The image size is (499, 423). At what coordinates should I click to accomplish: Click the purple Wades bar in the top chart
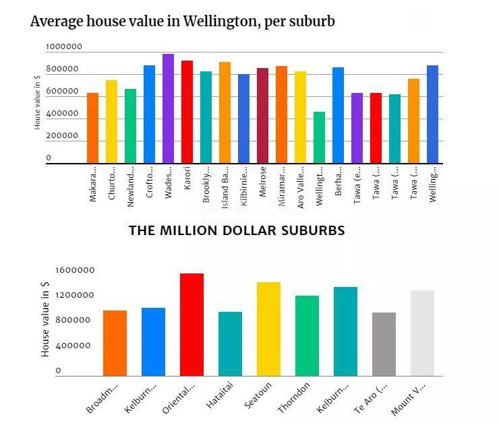[168, 108]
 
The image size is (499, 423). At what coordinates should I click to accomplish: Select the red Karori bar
[187, 112]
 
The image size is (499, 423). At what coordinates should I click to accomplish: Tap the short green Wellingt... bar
[319, 137]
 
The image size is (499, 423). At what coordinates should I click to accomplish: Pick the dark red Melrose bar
[262, 115]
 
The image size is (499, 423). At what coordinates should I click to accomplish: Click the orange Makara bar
[92, 128]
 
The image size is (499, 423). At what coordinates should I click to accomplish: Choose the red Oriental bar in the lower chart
[192, 325]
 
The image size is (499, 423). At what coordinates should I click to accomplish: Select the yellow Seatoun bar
[268, 329]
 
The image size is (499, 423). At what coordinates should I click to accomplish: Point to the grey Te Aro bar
[384, 344]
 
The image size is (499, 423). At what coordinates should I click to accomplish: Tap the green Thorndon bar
[307, 335]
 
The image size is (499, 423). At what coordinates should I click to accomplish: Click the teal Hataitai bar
[230, 344]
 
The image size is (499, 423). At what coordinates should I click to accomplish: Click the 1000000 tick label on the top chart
[64, 47]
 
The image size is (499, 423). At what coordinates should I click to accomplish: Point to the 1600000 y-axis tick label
[75, 271]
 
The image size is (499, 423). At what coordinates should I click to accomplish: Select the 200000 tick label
[62, 136]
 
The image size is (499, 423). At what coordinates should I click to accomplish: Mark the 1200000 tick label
[75, 296]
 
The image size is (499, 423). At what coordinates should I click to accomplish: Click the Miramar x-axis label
[281, 183]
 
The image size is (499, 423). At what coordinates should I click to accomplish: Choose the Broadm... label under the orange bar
[103, 399]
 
